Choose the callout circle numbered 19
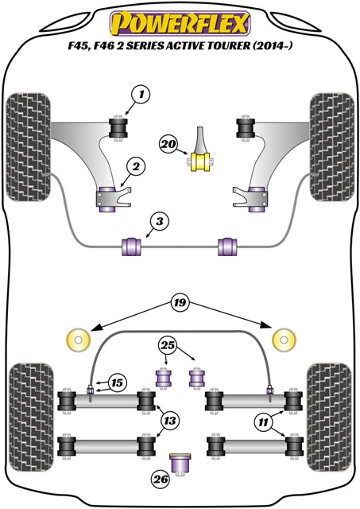click(x=180, y=302)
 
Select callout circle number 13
click(x=169, y=419)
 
